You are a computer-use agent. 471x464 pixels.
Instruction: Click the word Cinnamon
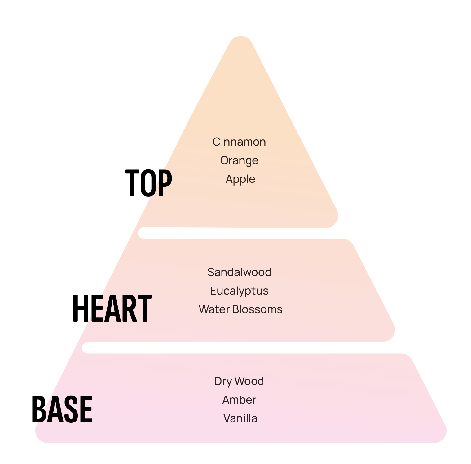click(239, 142)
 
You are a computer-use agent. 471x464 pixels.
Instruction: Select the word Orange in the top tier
click(239, 160)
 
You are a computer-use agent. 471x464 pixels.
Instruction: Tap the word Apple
click(240, 179)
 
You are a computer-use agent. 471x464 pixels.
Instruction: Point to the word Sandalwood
click(239, 272)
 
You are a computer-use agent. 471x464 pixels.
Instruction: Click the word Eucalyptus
click(239, 291)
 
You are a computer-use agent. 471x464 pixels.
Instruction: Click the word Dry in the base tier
click(222, 381)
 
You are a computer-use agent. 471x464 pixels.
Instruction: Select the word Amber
click(239, 400)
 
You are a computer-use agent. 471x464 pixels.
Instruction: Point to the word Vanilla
click(240, 418)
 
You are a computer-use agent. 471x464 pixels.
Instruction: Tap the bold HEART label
click(112, 308)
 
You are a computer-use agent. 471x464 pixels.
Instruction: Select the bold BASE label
click(62, 409)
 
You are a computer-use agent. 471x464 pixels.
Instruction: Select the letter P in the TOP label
click(164, 183)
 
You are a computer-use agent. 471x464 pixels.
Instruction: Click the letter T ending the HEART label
click(143, 308)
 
